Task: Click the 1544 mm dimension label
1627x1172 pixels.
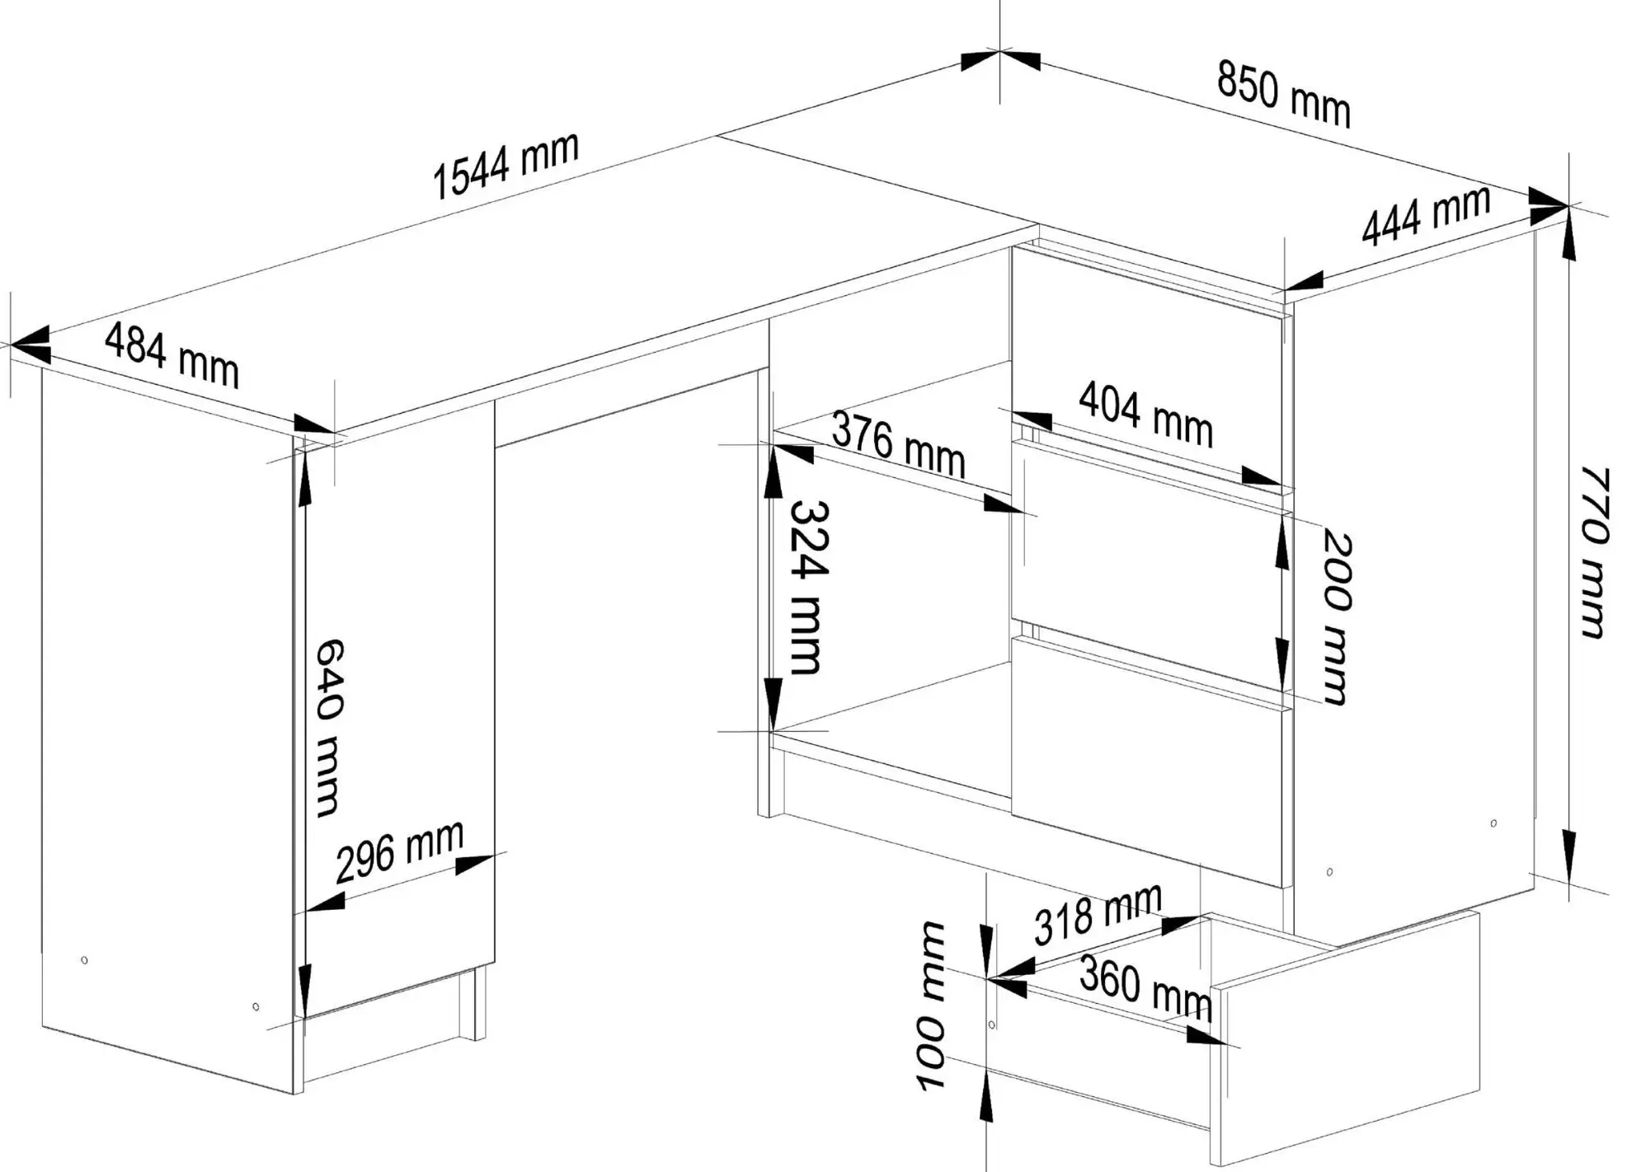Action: [x=505, y=166]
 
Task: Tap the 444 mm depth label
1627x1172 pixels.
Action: [x=1426, y=216]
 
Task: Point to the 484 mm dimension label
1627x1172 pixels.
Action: [x=172, y=355]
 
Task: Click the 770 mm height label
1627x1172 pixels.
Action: [x=1594, y=552]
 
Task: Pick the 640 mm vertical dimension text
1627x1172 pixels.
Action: [x=329, y=727]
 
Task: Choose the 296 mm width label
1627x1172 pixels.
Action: [x=400, y=851]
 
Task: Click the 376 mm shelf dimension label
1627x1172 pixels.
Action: [x=898, y=445]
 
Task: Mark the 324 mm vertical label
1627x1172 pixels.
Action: [x=807, y=588]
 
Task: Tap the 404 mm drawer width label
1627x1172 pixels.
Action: [x=1145, y=415]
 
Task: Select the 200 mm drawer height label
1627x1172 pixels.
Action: [x=1337, y=617]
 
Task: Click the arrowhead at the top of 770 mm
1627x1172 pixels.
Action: [x=1568, y=239]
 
